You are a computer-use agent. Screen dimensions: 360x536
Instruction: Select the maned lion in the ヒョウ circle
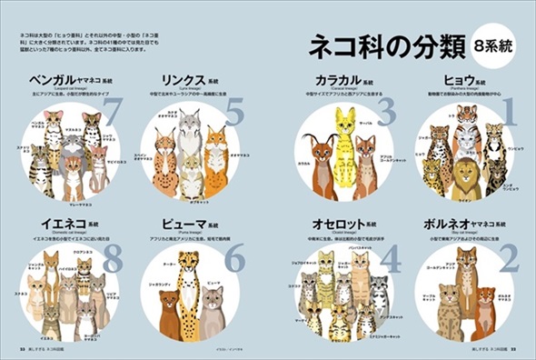pyautogui.click(x=465, y=178)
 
